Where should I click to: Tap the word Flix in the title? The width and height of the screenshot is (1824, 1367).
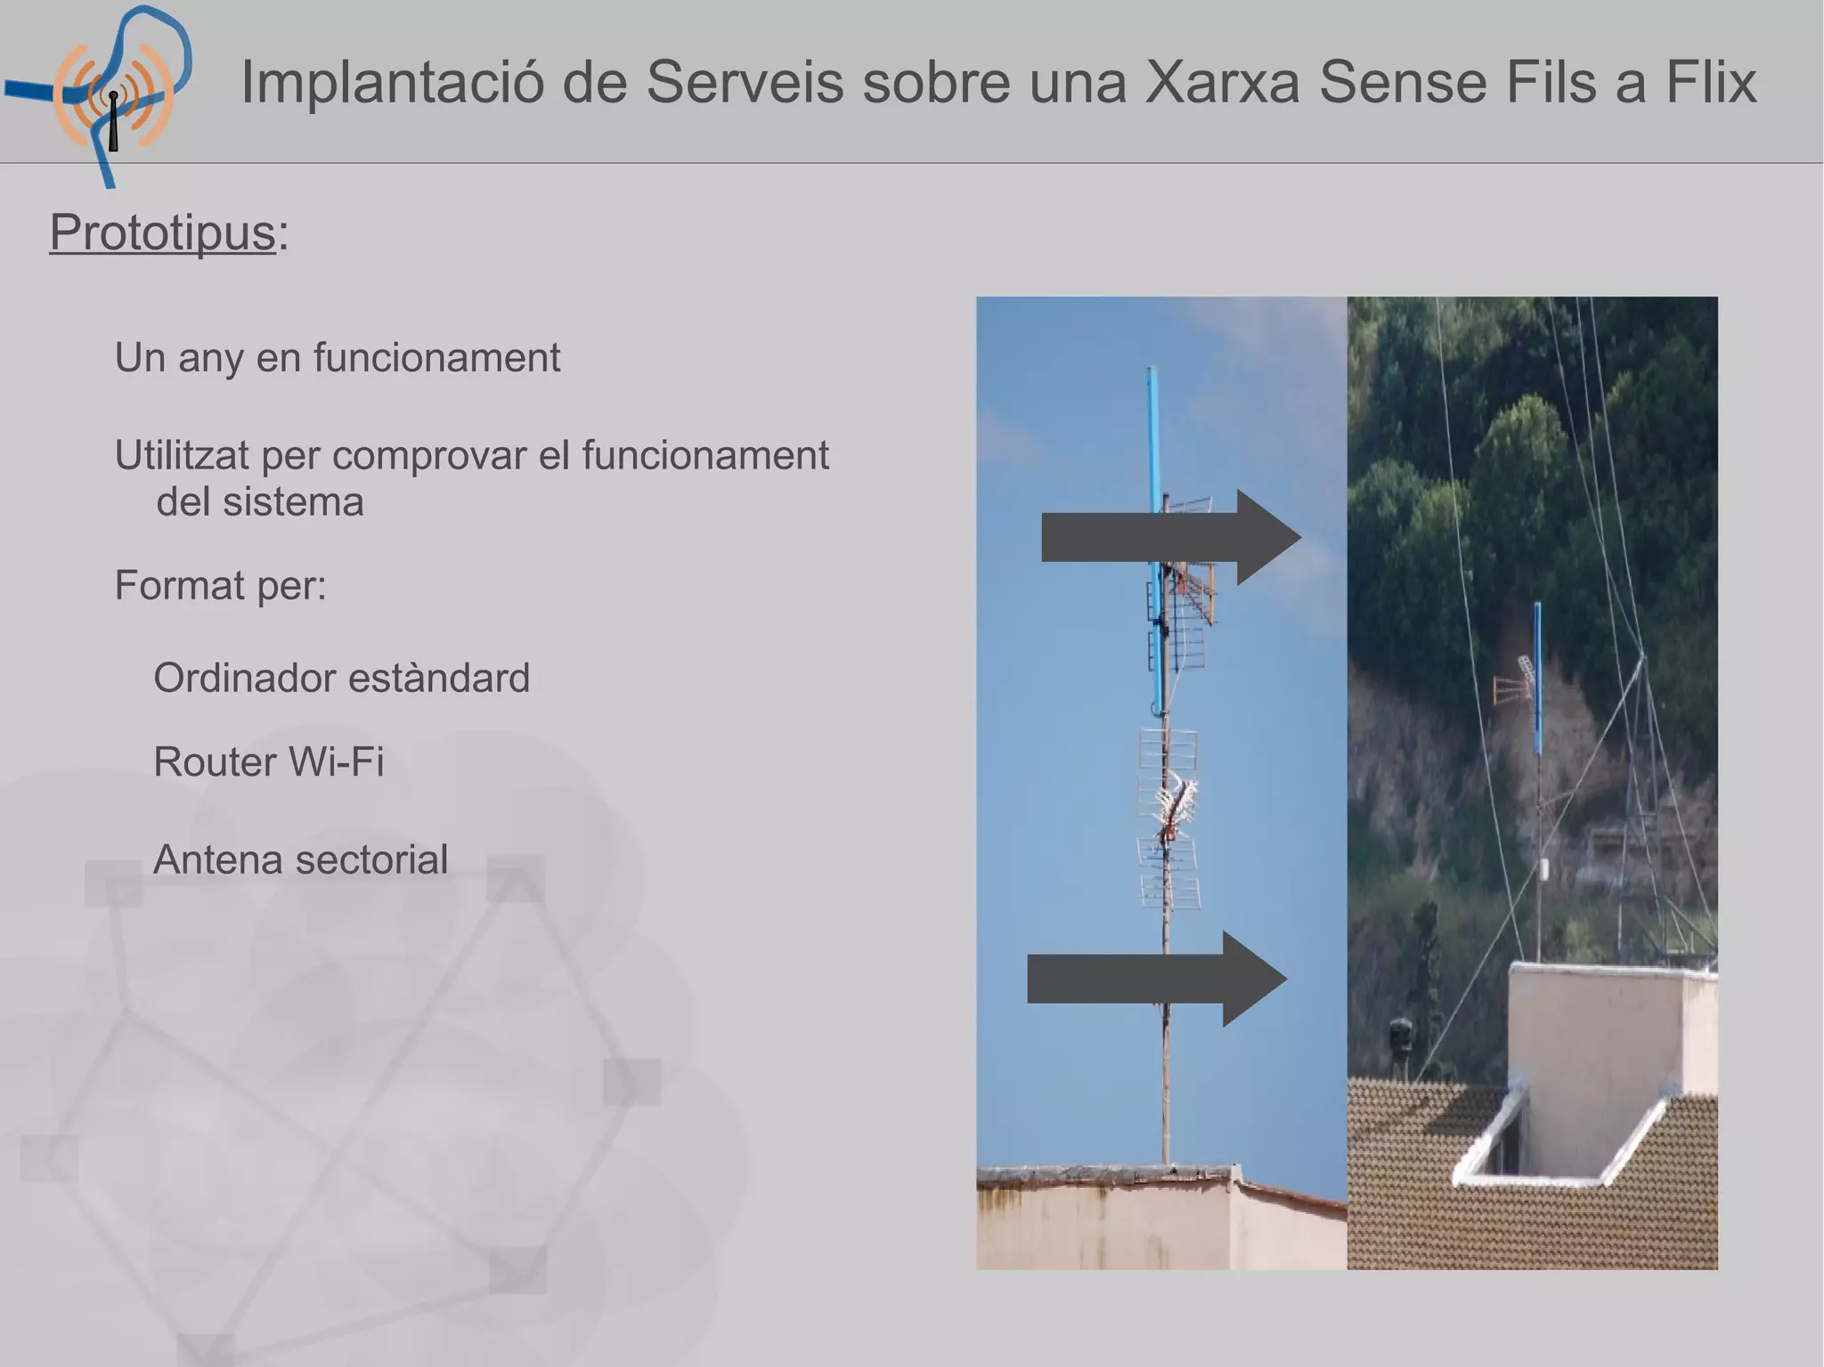(1710, 82)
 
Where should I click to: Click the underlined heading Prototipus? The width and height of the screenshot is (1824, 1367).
(163, 233)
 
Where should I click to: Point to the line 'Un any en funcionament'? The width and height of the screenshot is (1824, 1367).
(337, 358)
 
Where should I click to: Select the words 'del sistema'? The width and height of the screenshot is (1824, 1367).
(260, 502)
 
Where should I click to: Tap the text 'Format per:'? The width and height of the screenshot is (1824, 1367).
(221, 586)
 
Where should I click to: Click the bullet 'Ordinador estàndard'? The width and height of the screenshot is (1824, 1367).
(341, 679)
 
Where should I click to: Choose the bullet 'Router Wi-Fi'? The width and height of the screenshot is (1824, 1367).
(268, 762)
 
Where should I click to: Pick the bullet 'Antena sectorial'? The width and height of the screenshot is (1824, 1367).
(300, 860)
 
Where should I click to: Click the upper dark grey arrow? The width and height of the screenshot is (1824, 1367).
(1170, 537)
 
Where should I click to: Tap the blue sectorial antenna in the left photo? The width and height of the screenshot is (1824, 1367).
(1154, 534)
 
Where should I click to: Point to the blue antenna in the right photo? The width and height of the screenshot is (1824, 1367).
(1537, 677)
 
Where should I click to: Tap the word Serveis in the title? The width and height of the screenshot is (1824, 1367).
(744, 82)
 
